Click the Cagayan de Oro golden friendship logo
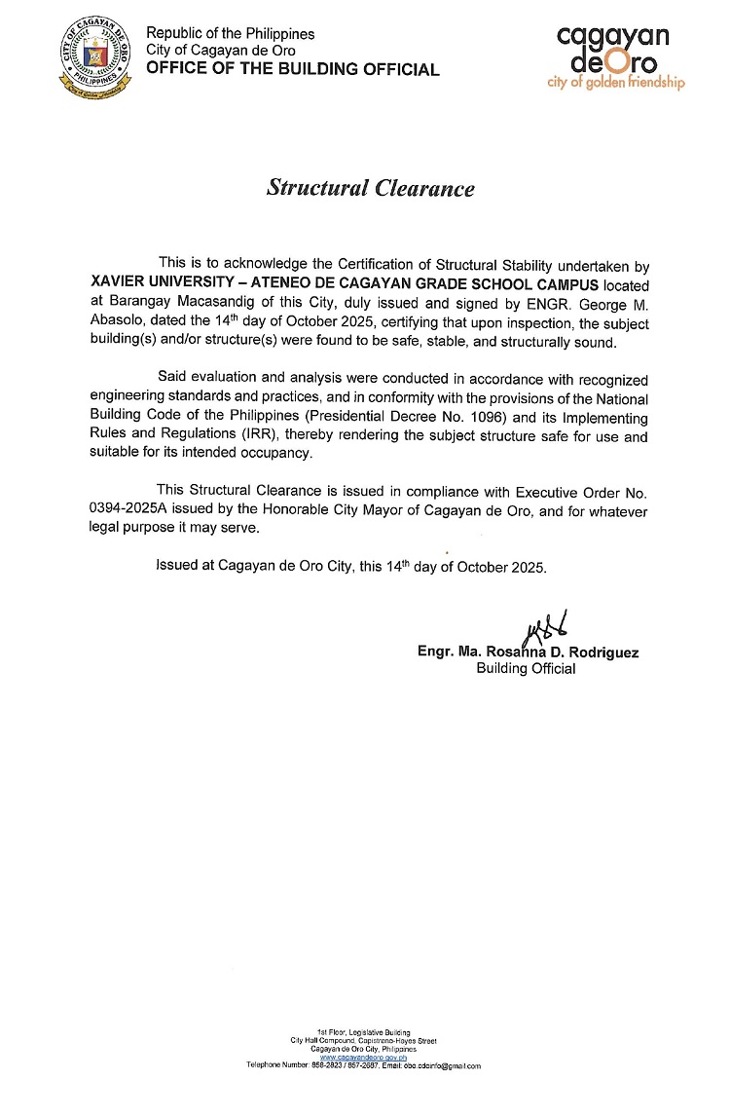pos(616,57)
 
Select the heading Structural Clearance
pos(371,189)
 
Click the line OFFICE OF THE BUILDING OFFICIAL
pos(292,69)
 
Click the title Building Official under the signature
pos(526,669)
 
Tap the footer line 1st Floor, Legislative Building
pos(364,1031)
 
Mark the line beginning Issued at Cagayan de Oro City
pos(351,566)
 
